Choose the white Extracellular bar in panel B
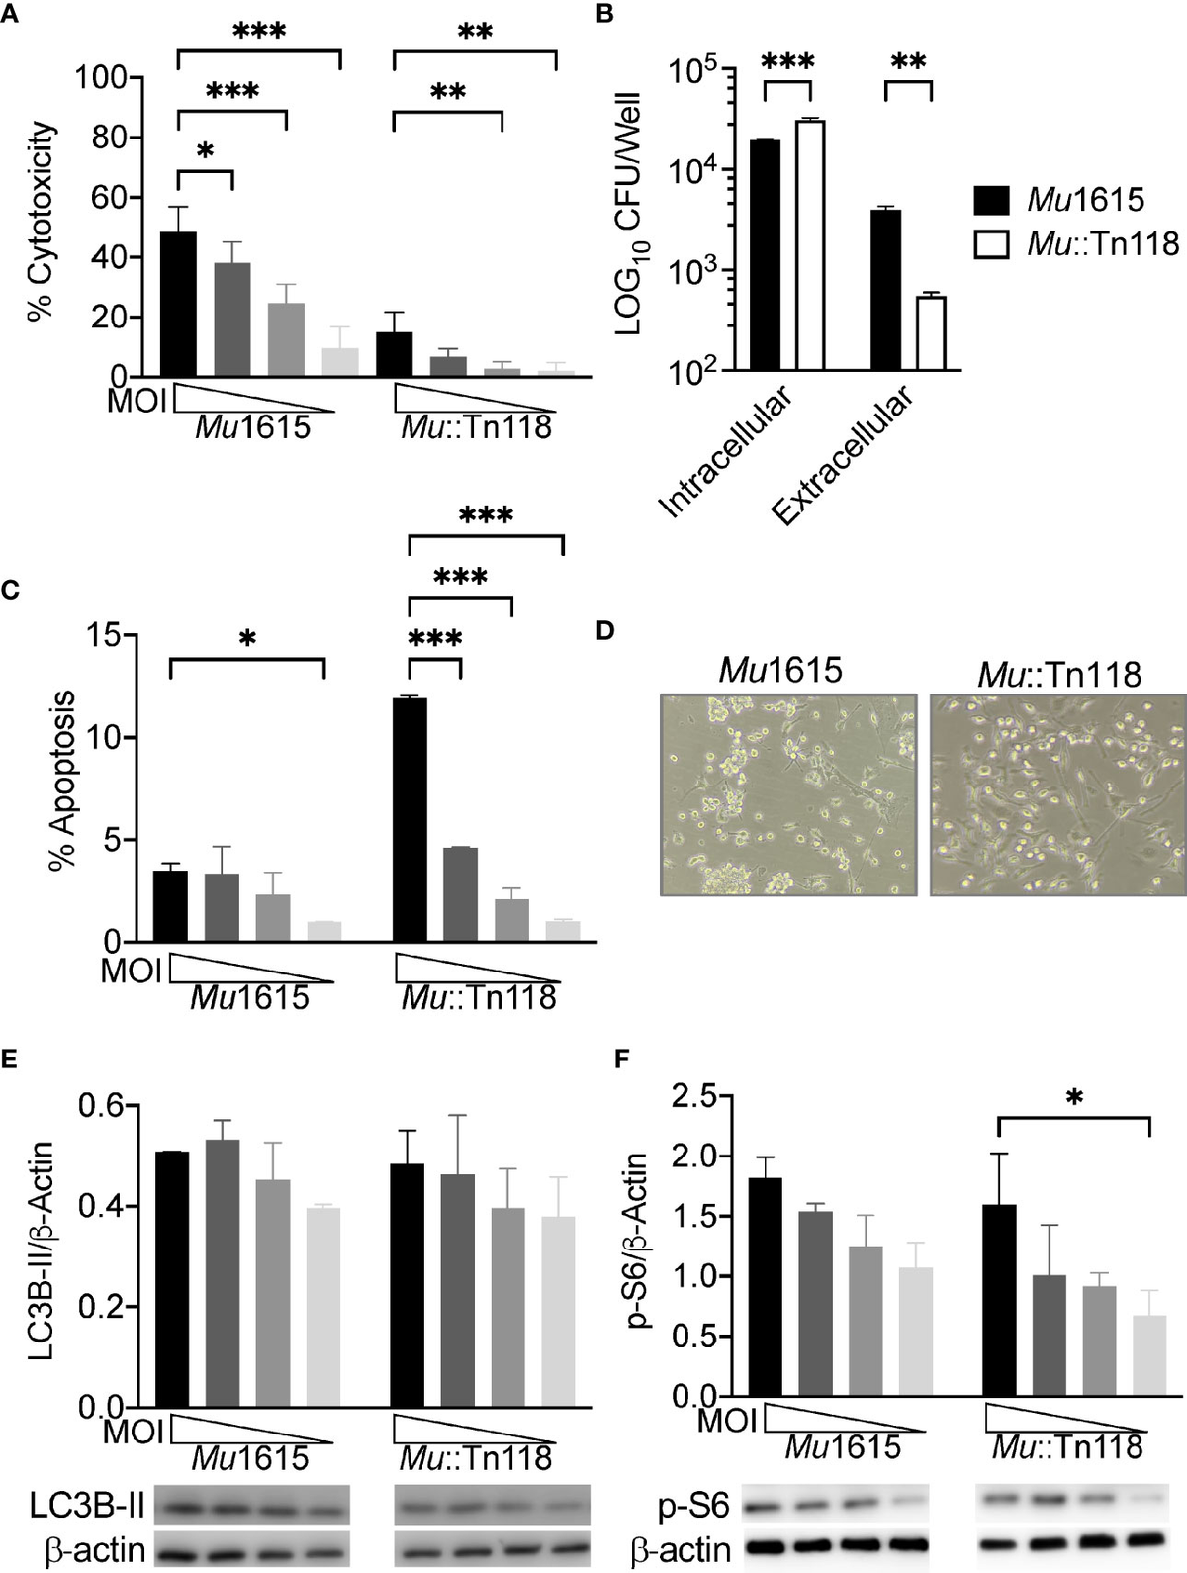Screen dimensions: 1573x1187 (931, 333)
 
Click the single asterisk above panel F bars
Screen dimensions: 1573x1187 (1075, 1097)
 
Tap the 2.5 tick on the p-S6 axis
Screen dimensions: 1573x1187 (693, 1095)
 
